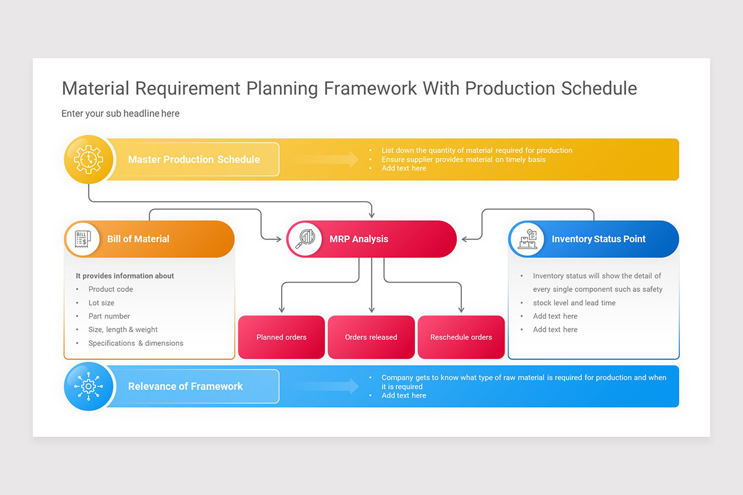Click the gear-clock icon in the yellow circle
88,160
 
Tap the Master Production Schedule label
194,160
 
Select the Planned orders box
281,337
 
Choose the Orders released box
371,337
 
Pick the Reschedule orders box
461,337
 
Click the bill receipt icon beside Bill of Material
82,239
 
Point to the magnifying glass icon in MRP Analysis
305,239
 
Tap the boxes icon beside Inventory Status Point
528,239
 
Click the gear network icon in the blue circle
88,386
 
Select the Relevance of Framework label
185,386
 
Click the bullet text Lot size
101,303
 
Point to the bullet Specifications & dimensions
136,343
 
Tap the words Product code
110,289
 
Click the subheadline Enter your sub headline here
120,113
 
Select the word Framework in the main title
370,88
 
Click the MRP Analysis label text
358,239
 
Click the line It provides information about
124,276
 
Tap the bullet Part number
109,316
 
